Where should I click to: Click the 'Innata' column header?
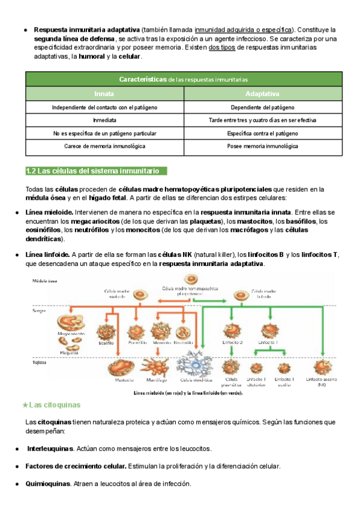(x=104, y=94)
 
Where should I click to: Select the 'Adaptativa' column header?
(x=262, y=94)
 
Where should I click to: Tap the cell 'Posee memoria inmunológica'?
(x=262, y=146)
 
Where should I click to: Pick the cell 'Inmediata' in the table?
(x=104, y=120)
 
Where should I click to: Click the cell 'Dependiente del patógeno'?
(x=262, y=107)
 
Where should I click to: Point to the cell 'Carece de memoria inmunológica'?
(x=104, y=146)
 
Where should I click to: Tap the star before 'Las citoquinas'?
(x=25, y=405)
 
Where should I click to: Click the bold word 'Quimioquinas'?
(x=48, y=484)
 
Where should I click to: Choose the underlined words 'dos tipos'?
(x=221, y=47)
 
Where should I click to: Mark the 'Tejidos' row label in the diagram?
(x=40, y=363)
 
